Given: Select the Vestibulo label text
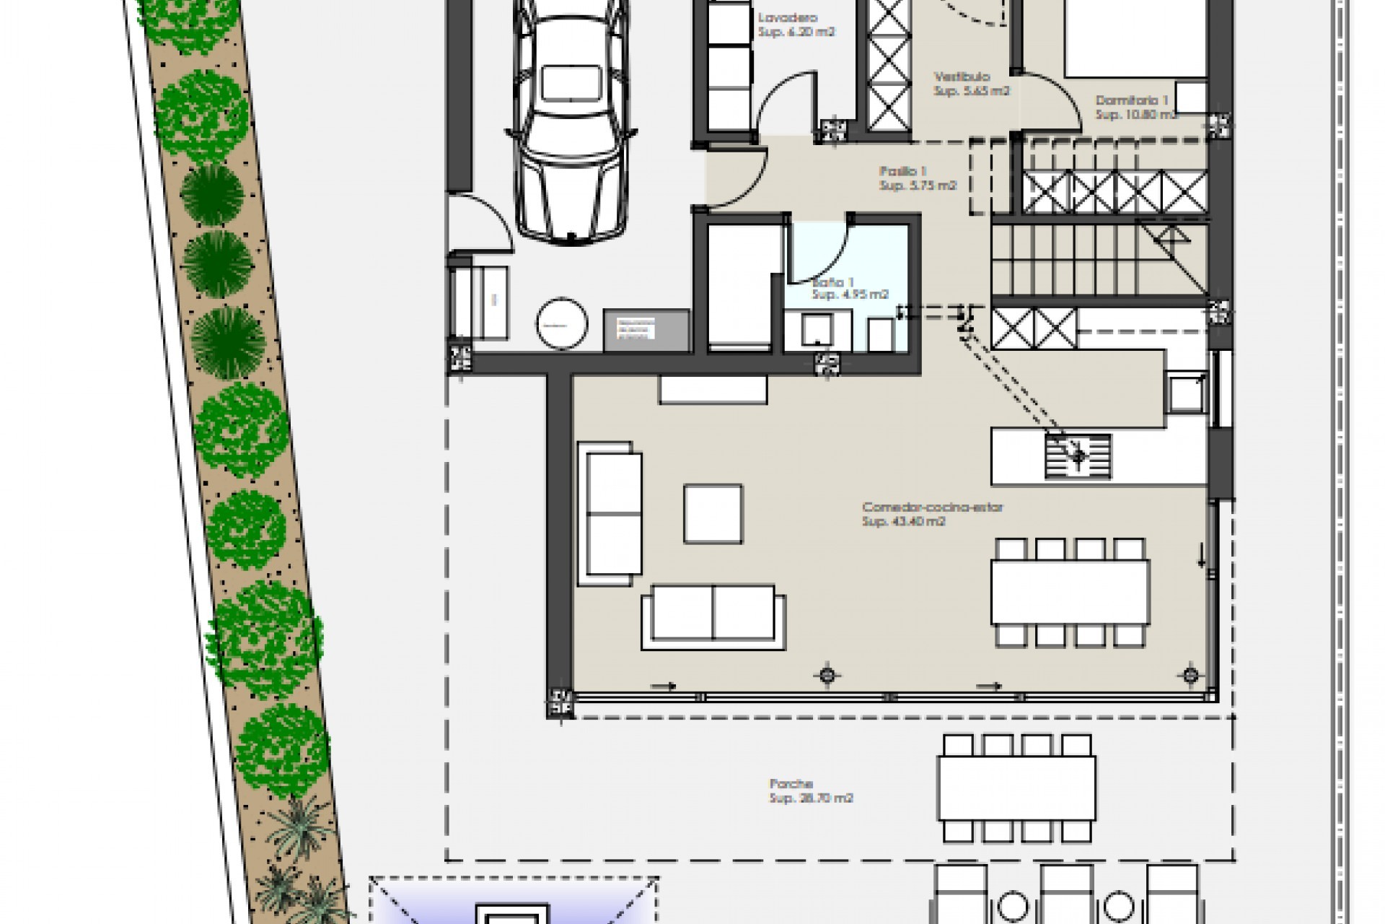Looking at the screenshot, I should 962,77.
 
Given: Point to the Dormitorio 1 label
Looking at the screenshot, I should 1131,101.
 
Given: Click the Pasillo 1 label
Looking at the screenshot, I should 902,171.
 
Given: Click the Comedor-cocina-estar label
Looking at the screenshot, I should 932,507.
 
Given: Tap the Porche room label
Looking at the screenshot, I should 791,783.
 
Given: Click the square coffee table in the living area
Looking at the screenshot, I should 713,513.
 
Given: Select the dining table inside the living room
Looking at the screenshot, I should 1070,592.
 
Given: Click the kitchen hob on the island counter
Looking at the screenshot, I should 1078,456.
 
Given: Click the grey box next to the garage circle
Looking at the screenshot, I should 646,331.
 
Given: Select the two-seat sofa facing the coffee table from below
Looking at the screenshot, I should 713,613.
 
